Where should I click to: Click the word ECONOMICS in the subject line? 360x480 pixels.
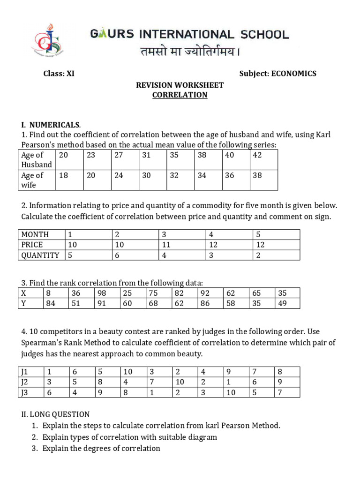tap(293, 74)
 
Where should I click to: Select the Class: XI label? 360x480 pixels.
tap(59, 74)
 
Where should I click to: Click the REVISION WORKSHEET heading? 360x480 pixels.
tap(180, 85)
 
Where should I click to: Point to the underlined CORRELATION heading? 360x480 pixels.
tap(180, 95)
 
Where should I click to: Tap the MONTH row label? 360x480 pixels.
tap(35, 234)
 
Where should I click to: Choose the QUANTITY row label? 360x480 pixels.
tap(40, 255)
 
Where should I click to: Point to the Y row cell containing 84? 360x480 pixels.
tap(50, 304)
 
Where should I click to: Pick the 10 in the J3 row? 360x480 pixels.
tap(231, 393)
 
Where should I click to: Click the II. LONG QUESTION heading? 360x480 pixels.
tap(55, 414)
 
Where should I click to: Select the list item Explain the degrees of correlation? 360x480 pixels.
tap(101, 449)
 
